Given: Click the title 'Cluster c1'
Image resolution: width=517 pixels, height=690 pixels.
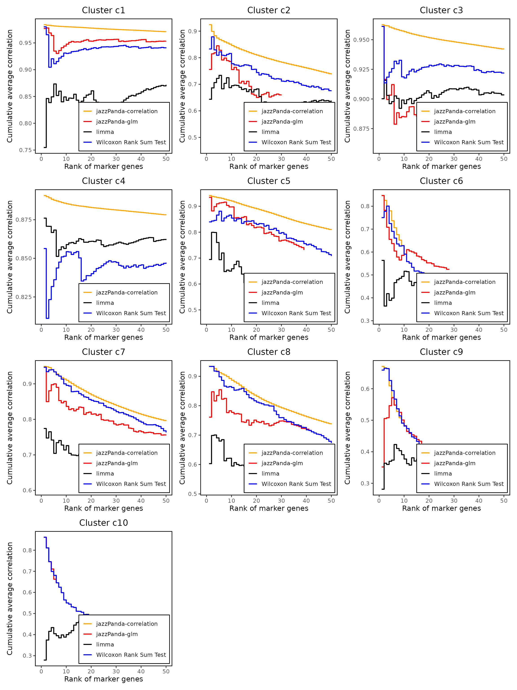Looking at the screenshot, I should [103, 10].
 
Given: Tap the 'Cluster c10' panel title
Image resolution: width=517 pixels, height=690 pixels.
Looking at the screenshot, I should [103, 523].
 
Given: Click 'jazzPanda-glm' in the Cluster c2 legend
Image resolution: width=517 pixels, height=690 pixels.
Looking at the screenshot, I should [282, 122].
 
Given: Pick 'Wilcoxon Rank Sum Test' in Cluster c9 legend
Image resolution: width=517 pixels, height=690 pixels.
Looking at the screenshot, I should [469, 484].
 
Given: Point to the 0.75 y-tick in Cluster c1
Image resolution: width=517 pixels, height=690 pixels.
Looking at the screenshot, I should [26, 150].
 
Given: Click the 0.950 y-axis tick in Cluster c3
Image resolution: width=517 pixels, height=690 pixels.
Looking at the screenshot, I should [361, 40].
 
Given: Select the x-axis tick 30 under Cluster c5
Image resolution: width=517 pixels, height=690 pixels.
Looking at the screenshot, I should [281, 330].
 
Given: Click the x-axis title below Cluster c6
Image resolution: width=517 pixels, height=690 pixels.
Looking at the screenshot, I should [441, 338].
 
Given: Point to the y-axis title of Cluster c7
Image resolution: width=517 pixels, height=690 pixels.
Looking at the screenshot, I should [10, 428].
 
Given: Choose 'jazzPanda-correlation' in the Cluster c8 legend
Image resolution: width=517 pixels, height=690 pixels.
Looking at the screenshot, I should [292, 453].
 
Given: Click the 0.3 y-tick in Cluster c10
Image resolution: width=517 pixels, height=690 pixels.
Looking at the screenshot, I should [27, 656].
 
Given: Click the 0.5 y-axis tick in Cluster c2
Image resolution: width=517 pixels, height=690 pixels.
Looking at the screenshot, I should [193, 137].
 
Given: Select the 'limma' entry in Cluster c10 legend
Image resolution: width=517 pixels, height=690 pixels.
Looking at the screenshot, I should [105, 644].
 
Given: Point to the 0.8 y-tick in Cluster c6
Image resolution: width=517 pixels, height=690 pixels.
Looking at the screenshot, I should [365, 206].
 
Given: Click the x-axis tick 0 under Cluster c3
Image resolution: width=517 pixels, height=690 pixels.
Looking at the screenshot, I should [379, 159].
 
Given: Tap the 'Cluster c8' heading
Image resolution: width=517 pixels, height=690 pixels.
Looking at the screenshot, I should [269, 352].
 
